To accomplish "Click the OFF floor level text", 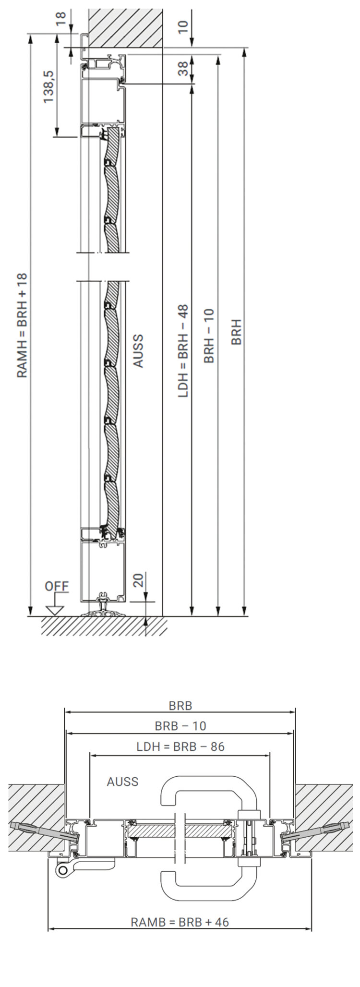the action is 57,586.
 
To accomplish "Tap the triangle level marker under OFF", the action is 55,610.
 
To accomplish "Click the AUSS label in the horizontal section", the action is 122,782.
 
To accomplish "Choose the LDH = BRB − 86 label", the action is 180,746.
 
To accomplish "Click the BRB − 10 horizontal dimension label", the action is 180,726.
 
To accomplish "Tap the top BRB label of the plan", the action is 180,706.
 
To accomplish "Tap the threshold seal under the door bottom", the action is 103,611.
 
